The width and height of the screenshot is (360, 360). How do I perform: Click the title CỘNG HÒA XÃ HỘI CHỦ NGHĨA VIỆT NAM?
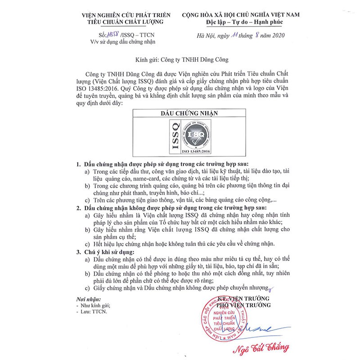238,14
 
